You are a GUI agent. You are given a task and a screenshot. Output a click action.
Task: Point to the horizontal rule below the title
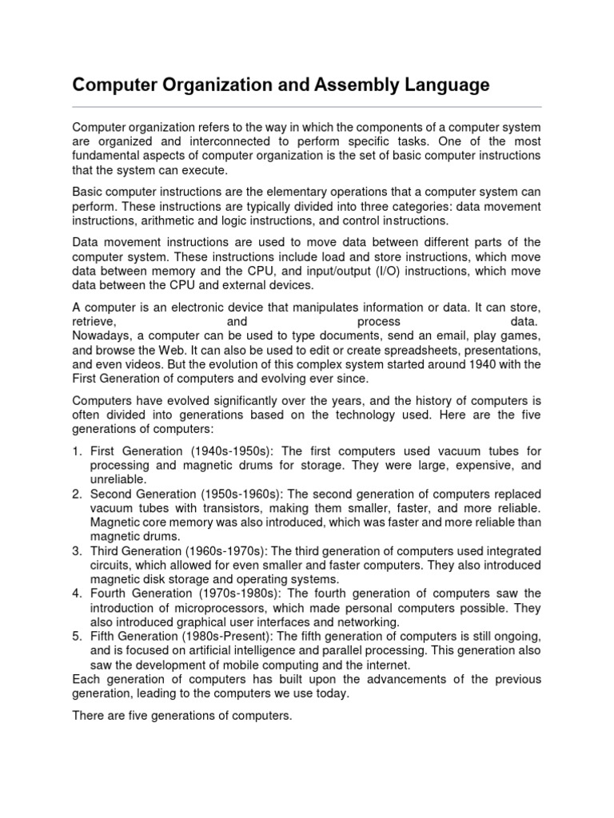pyautogui.click(x=307, y=106)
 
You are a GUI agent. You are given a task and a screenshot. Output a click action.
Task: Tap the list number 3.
pyautogui.click(x=77, y=552)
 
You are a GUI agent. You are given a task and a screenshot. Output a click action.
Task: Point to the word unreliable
pyautogui.click(x=118, y=478)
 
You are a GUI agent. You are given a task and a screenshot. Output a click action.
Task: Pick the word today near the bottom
pyautogui.click(x=332, y=693)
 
